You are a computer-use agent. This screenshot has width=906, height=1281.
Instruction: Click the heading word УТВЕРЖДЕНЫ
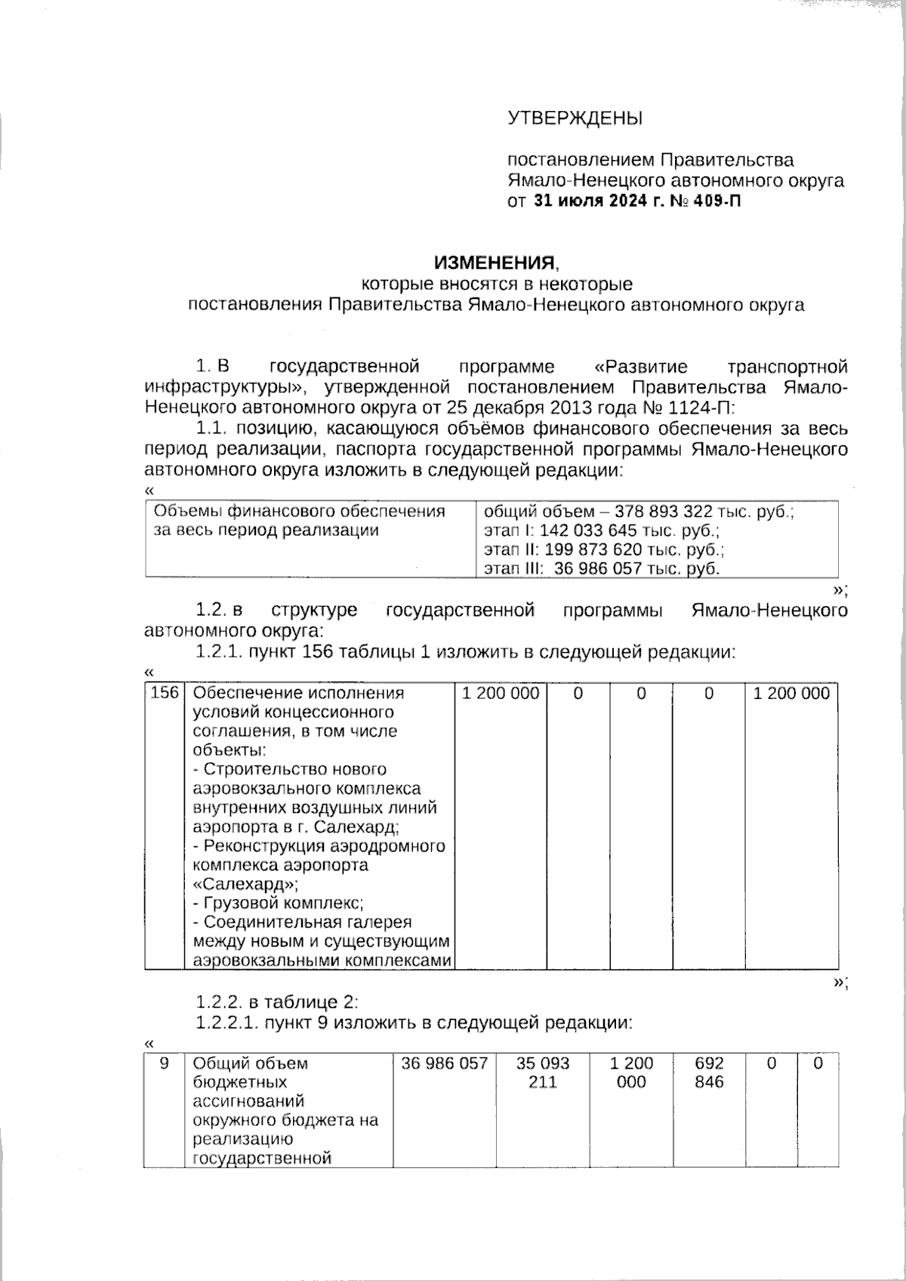click(575, 119)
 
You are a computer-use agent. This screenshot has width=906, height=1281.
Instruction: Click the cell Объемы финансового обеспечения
click(300, 512)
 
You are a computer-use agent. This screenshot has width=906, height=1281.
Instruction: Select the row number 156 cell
click(165, 693)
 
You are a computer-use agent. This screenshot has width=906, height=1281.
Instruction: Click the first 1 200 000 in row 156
click(501, 693)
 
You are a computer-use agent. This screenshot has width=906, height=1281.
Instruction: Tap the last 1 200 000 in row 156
click(791, 693)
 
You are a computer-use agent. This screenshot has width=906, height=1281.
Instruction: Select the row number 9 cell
click(165, 1064)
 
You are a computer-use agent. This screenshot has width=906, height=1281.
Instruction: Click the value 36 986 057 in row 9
click(445, 1064)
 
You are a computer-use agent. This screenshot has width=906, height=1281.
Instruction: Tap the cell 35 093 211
click(543, 1073)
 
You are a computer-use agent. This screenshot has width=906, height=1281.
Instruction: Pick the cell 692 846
click(709, 1073)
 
